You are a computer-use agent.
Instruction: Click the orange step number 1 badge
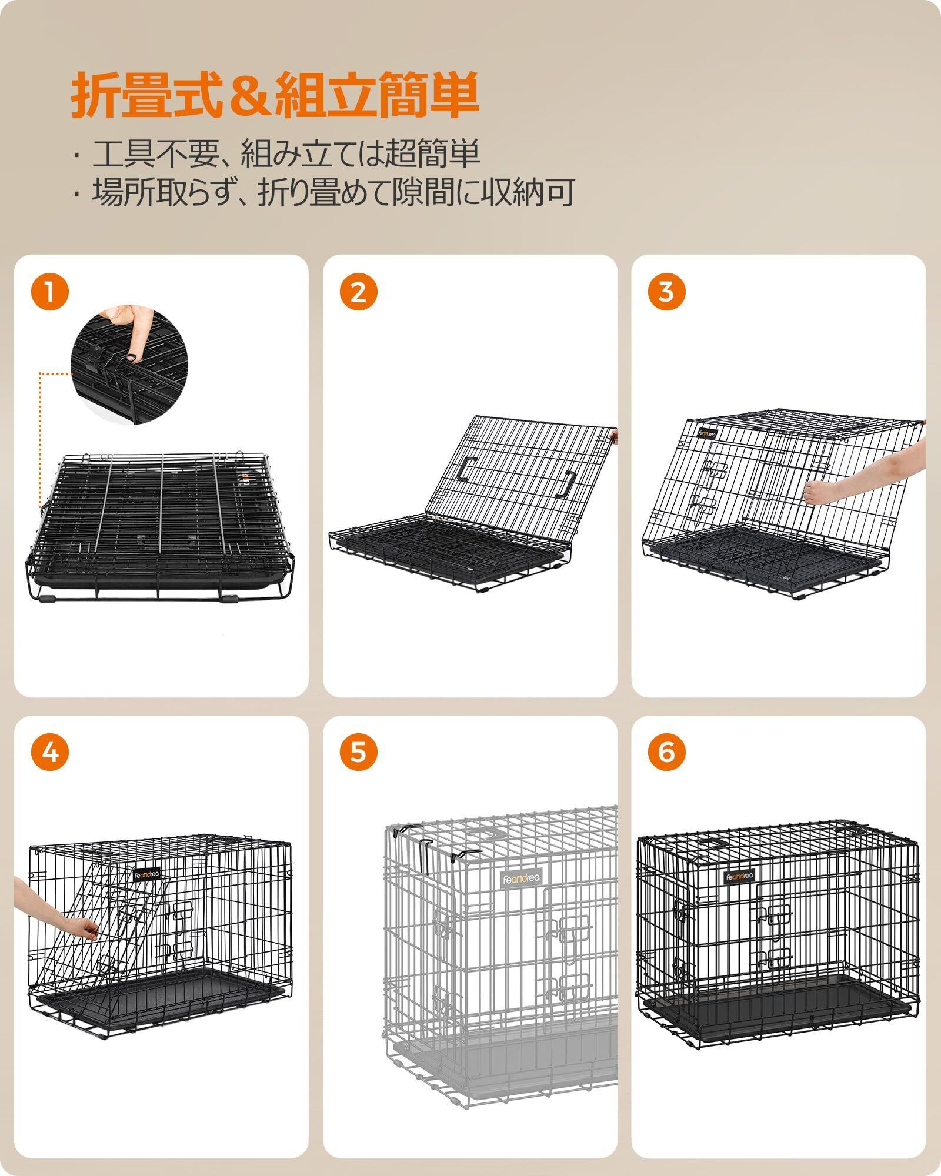[x=50, y=292]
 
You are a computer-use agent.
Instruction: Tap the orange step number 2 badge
[x=358, y=292]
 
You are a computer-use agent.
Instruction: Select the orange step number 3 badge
[x=666, y=292]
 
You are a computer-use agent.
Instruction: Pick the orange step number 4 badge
[x=50, y=753]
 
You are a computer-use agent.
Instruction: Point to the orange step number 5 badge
[x=358, y=753]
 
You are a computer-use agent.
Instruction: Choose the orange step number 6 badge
[x=666, y=753]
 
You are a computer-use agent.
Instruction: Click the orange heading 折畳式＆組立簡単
[x=274, y=93]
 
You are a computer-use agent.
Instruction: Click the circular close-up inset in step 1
[x=129, y=364]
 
